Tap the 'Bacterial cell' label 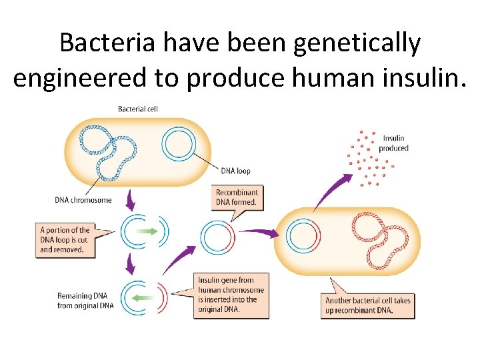coord(137,109)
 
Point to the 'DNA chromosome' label coord(83,199)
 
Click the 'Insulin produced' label coord(393,143)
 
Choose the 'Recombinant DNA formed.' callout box coord(237,197)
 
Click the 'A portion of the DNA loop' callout coord(65,239)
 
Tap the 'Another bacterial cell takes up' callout coord(368,305)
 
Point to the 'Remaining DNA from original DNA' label coord(85,301)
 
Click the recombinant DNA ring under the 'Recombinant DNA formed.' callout coord(217,237)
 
